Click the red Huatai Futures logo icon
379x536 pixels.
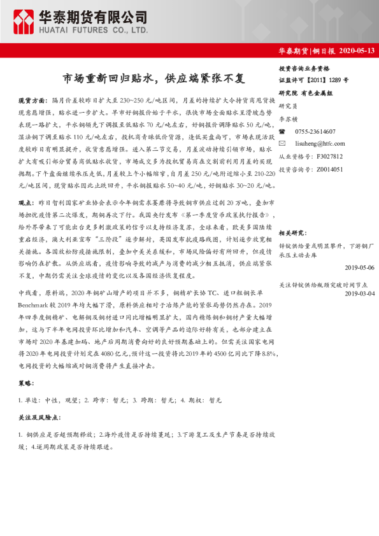click(x=25, y=21)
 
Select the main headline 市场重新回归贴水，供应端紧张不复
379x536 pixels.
click(x=153, y=79)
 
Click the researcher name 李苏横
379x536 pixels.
click(x=288, y=119)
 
